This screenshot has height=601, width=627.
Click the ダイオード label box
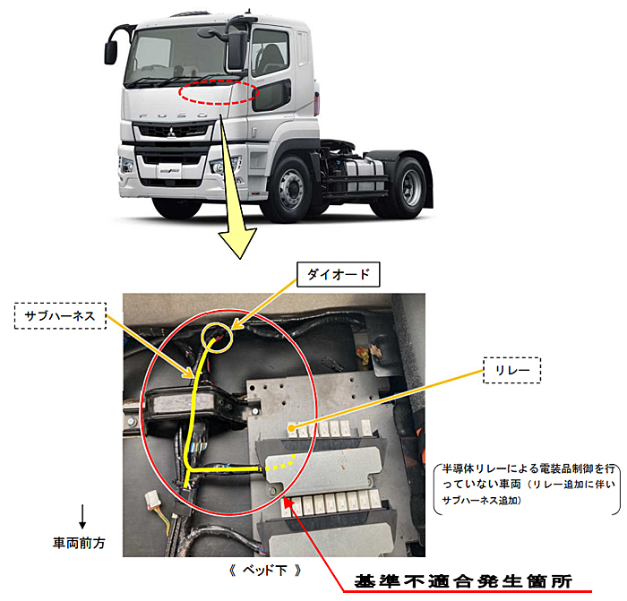tap(338, 274)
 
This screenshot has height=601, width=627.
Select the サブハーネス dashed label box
tap(60, 316)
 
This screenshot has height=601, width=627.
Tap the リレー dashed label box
tap(511, 370)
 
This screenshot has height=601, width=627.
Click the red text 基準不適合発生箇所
tap(463, 581)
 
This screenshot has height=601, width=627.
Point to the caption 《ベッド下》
tap(265, 570)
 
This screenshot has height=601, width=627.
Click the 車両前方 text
tap(79, 543)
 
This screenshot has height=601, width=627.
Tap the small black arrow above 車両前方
tap(82, 517)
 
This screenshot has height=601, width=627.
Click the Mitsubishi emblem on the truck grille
tap(171, 133)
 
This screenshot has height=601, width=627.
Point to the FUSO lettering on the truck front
tap(174, 116)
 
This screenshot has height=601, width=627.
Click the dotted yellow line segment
tap(279, 463)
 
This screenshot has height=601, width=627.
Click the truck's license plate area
tap(169, 170)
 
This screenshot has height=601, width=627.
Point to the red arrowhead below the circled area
tap(289, 501)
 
